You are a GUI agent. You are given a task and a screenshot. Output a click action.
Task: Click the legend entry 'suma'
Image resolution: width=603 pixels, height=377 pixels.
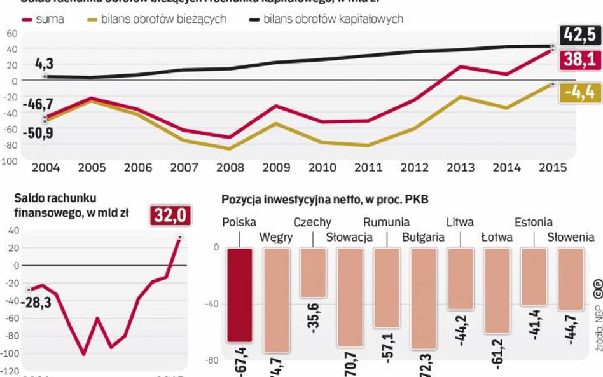[43, 19]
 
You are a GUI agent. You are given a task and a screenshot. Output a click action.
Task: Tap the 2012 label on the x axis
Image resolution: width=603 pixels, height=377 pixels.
[415, 168]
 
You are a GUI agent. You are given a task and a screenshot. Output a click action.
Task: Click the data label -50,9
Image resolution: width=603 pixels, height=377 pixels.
[38, 134]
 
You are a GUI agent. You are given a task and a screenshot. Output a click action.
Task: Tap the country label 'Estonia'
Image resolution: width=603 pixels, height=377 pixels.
[533, 223]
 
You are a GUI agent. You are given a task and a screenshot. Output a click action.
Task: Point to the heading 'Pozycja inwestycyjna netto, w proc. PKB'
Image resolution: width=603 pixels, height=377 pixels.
[324, 200]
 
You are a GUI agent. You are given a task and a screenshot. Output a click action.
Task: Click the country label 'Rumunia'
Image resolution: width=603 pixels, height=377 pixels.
[386, 223]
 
